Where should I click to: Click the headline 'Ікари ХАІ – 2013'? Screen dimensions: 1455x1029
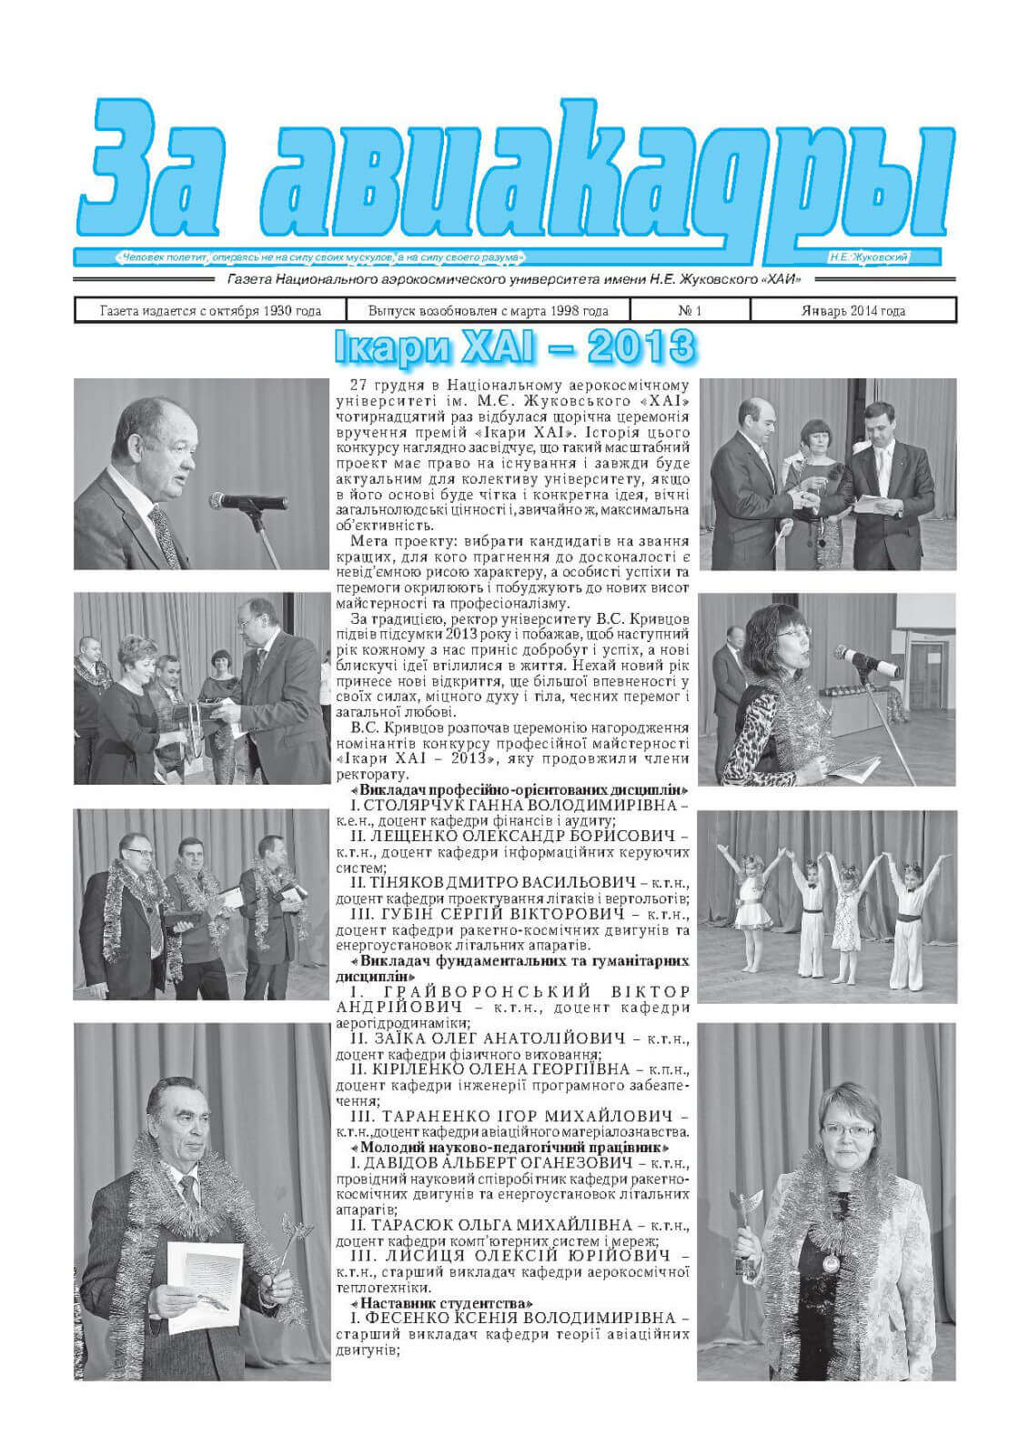tap(514, 346)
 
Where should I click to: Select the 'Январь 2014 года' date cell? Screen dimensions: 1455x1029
tap(852, 311)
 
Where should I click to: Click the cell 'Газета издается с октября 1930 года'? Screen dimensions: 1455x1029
tap(210, 311)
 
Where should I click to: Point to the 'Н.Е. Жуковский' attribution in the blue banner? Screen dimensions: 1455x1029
tap(869, 258)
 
